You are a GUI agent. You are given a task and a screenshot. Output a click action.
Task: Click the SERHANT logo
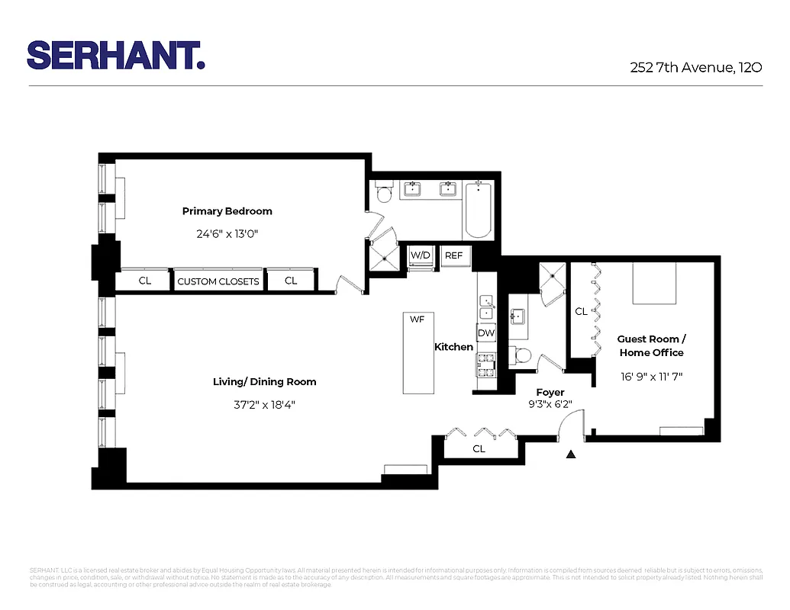115,56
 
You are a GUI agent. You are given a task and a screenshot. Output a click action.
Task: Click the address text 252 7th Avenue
695,67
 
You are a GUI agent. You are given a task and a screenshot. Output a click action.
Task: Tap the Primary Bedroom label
227,211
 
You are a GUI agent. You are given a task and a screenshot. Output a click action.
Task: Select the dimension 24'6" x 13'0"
227,234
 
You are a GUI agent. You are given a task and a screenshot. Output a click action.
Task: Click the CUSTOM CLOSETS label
218,281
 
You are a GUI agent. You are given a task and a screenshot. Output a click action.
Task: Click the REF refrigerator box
453,255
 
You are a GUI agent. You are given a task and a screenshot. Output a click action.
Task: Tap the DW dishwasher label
485,333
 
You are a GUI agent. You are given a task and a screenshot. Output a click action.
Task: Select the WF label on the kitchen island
417,319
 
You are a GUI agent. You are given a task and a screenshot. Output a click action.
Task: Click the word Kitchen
453,347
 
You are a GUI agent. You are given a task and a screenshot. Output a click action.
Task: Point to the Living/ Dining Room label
264,381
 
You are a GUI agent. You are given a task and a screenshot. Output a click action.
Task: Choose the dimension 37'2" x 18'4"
264,404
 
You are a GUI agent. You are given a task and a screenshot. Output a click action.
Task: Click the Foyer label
550,393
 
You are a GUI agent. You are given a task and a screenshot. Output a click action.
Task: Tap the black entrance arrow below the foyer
571,455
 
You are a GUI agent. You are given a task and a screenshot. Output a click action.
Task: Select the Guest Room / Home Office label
651,345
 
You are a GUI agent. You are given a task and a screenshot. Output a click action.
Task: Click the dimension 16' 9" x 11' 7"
651,376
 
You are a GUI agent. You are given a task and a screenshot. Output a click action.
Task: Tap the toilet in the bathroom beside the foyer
523,355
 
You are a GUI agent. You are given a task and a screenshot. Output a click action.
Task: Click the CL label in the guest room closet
581,311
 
